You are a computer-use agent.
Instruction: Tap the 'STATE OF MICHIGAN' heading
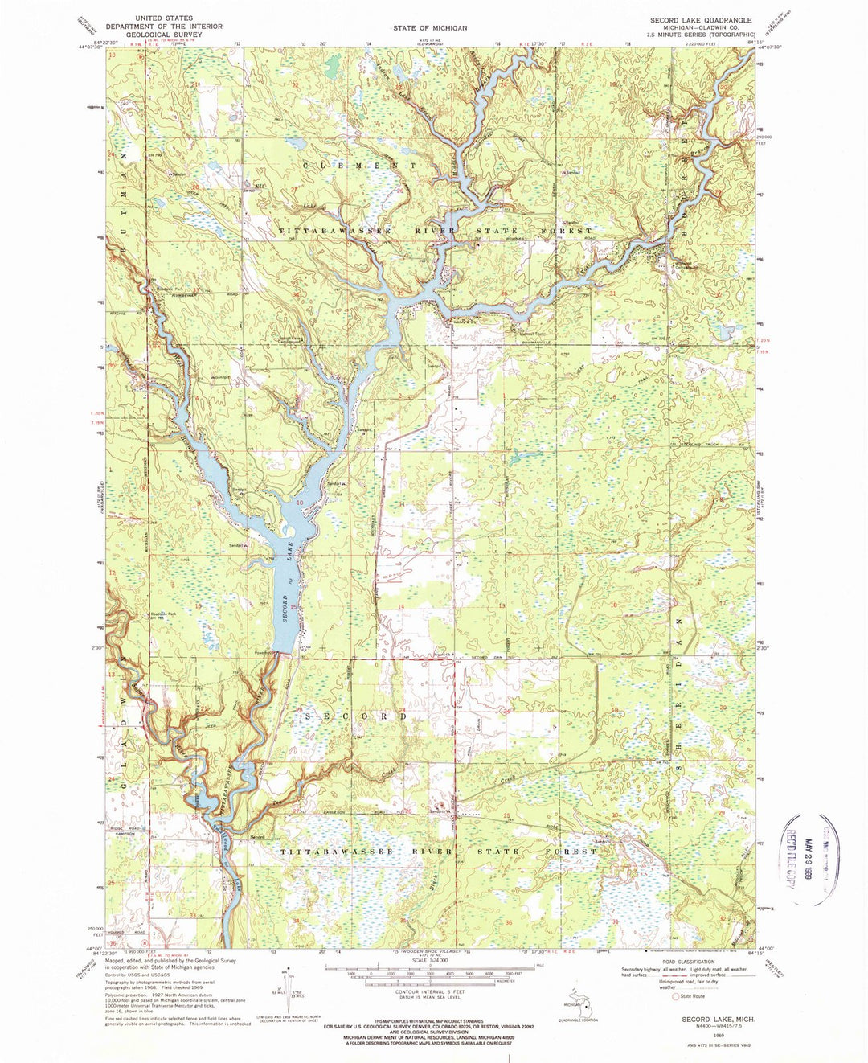pyautogui.click(x=430, y=28)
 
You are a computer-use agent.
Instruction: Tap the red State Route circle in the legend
pyautogui.click(x=675, y=995)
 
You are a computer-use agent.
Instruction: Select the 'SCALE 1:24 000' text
pyautogui.click(x=429, y=960)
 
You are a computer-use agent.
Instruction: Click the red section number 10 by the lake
pyautogui.click(x=300, y=503)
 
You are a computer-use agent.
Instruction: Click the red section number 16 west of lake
pyautogui.click(x=197, y=605)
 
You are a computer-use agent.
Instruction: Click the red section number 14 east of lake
pyautogui.click(x=400, y=605)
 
